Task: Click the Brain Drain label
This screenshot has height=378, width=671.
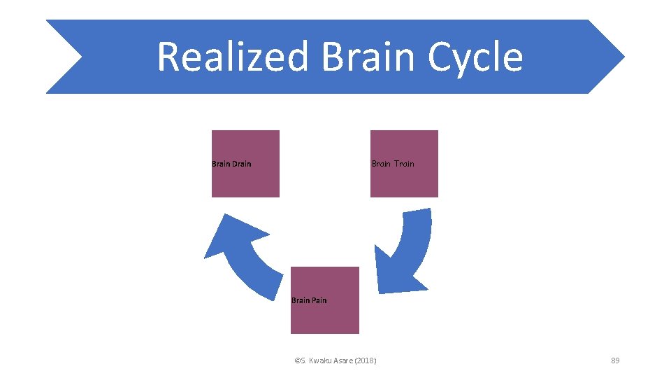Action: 231,164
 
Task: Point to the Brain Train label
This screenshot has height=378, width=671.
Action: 393,164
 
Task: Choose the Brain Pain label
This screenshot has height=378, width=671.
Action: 309,300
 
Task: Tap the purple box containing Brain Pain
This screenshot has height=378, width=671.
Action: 325,318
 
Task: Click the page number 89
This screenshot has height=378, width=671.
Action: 615,360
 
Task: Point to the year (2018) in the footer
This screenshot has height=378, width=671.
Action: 366,360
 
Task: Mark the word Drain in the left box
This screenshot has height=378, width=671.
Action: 241,164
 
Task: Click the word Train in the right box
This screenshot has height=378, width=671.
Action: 403,164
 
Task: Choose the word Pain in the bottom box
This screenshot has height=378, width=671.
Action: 318,300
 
